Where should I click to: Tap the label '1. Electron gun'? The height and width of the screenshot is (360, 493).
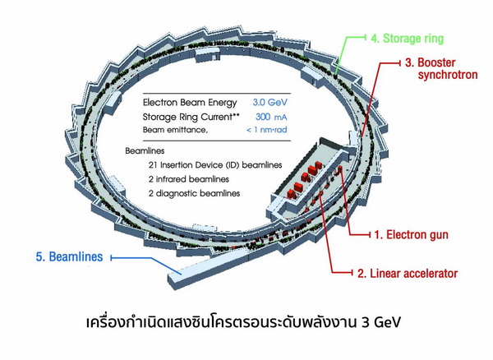point(411,234)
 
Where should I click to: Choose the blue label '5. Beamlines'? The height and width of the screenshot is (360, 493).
point(68,257)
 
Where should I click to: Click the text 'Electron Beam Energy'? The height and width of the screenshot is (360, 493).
point(190,103)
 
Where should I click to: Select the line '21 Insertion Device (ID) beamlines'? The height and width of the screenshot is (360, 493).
point(207,165)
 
